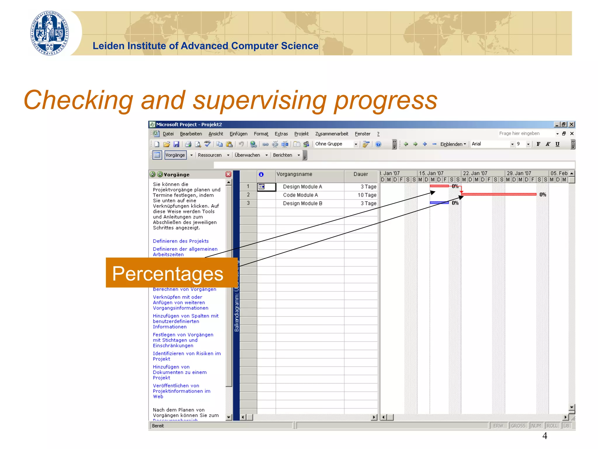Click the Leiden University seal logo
point(50,33)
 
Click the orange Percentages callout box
point(171,273)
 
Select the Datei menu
point(168,134)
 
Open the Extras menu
point(281,134)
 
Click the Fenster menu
point(362,134)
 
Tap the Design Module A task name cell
point(302,187)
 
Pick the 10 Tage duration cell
point(367,195)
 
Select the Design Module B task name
point(302,203)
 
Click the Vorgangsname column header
point(294,174)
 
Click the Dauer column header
point(361,174)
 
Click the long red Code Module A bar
point(499,194)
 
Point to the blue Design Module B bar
point(439,203)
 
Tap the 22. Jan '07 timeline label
point(475,173)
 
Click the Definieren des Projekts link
point(181,241)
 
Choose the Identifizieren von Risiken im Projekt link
point(187,356)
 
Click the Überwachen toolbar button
point(247,155)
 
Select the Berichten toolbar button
point(282,155)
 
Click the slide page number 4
point(545,436)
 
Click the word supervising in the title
point(260,100)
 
